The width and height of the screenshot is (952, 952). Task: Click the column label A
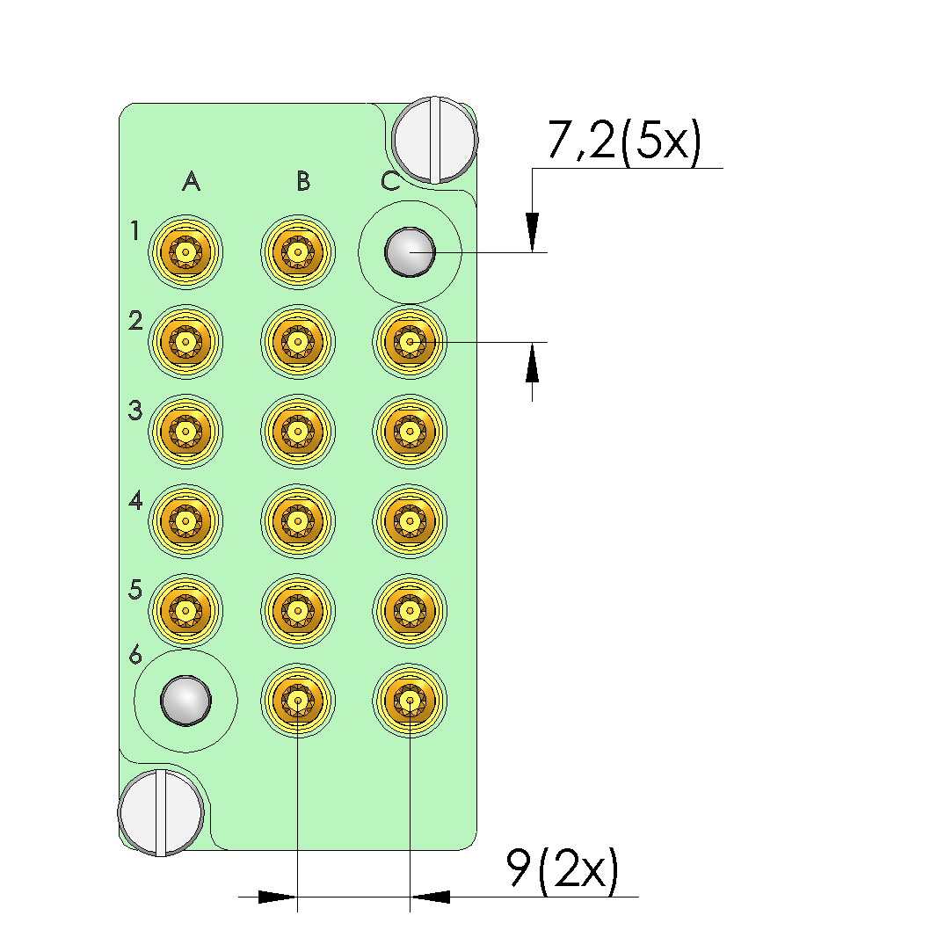[192, 181]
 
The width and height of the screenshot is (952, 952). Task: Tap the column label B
[303, 181]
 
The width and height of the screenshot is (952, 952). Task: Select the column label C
[390, 181]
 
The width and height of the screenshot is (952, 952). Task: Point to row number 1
[134, 230]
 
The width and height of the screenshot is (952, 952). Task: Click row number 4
[135, 500]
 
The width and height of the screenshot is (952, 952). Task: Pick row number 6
[135, 655]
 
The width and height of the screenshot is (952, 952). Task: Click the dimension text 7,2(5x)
[624, 141]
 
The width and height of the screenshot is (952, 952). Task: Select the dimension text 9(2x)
[563, 869]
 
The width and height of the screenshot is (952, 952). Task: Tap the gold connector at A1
[185, 252]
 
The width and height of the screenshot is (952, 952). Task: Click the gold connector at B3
[297, 432]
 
